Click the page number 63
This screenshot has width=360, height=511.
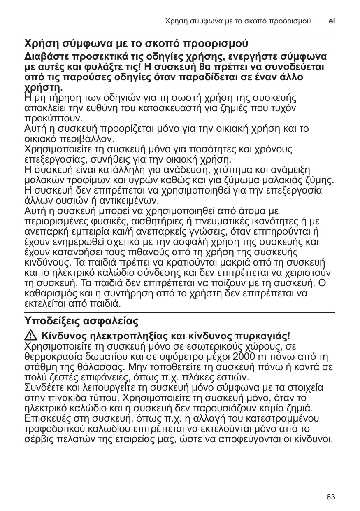click(x=330, y=497)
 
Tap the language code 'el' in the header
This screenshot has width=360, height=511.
click(x=332, y=21)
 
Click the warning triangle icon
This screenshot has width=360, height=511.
click(x=30, y=336)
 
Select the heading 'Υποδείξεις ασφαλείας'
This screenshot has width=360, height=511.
click(x=81, y=320)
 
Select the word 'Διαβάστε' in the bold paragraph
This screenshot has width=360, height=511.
click(x=46, y=56)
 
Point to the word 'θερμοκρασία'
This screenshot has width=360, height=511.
click(x=51, y=357)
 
